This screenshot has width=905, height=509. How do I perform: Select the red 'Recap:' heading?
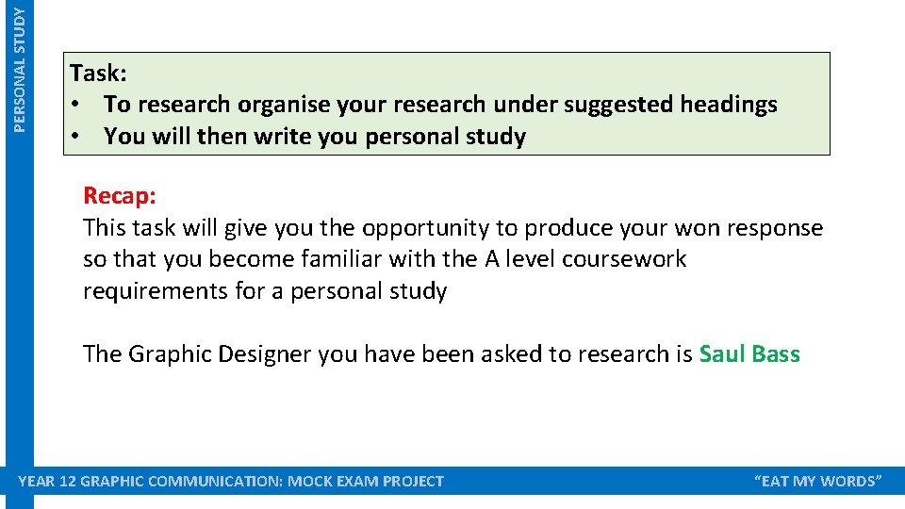(x=120, y=195)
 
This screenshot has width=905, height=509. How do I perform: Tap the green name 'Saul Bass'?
(x=749, y=354)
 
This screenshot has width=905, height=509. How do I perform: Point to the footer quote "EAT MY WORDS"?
(x=818, y=482)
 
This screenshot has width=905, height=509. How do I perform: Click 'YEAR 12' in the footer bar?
(x=48, y=482)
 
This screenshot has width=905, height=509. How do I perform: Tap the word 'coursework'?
(x=624, y=259)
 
